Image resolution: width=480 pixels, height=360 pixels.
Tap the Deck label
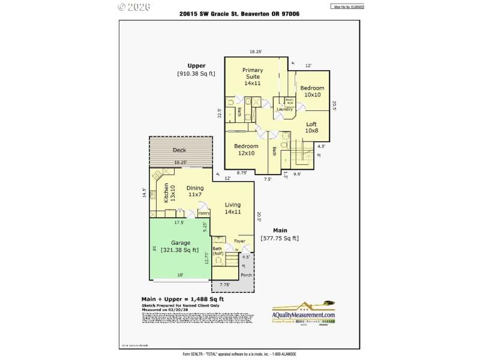(179, 150)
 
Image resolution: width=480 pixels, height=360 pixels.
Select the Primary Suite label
(253, 77)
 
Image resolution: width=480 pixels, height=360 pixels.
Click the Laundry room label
(284, 109)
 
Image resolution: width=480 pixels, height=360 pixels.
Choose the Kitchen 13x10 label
(169, 193)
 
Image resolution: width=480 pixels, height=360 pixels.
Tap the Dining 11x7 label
(195, 191)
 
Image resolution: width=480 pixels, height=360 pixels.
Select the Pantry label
(203, 213)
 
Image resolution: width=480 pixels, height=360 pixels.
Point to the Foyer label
(239, 241)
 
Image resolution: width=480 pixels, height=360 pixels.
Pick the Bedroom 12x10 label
(246, 149)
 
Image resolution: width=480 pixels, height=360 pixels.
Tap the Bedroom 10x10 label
(312, 91)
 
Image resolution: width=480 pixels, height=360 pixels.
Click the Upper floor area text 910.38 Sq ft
(196, 74)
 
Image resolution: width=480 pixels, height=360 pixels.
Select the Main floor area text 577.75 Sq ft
(280, 238)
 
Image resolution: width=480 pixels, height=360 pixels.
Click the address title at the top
(239, 14)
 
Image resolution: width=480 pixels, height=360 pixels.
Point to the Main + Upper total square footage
(182, 299)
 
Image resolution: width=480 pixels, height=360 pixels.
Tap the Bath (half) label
(218, 251)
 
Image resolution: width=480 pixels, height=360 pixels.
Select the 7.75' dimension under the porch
(225, 284)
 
